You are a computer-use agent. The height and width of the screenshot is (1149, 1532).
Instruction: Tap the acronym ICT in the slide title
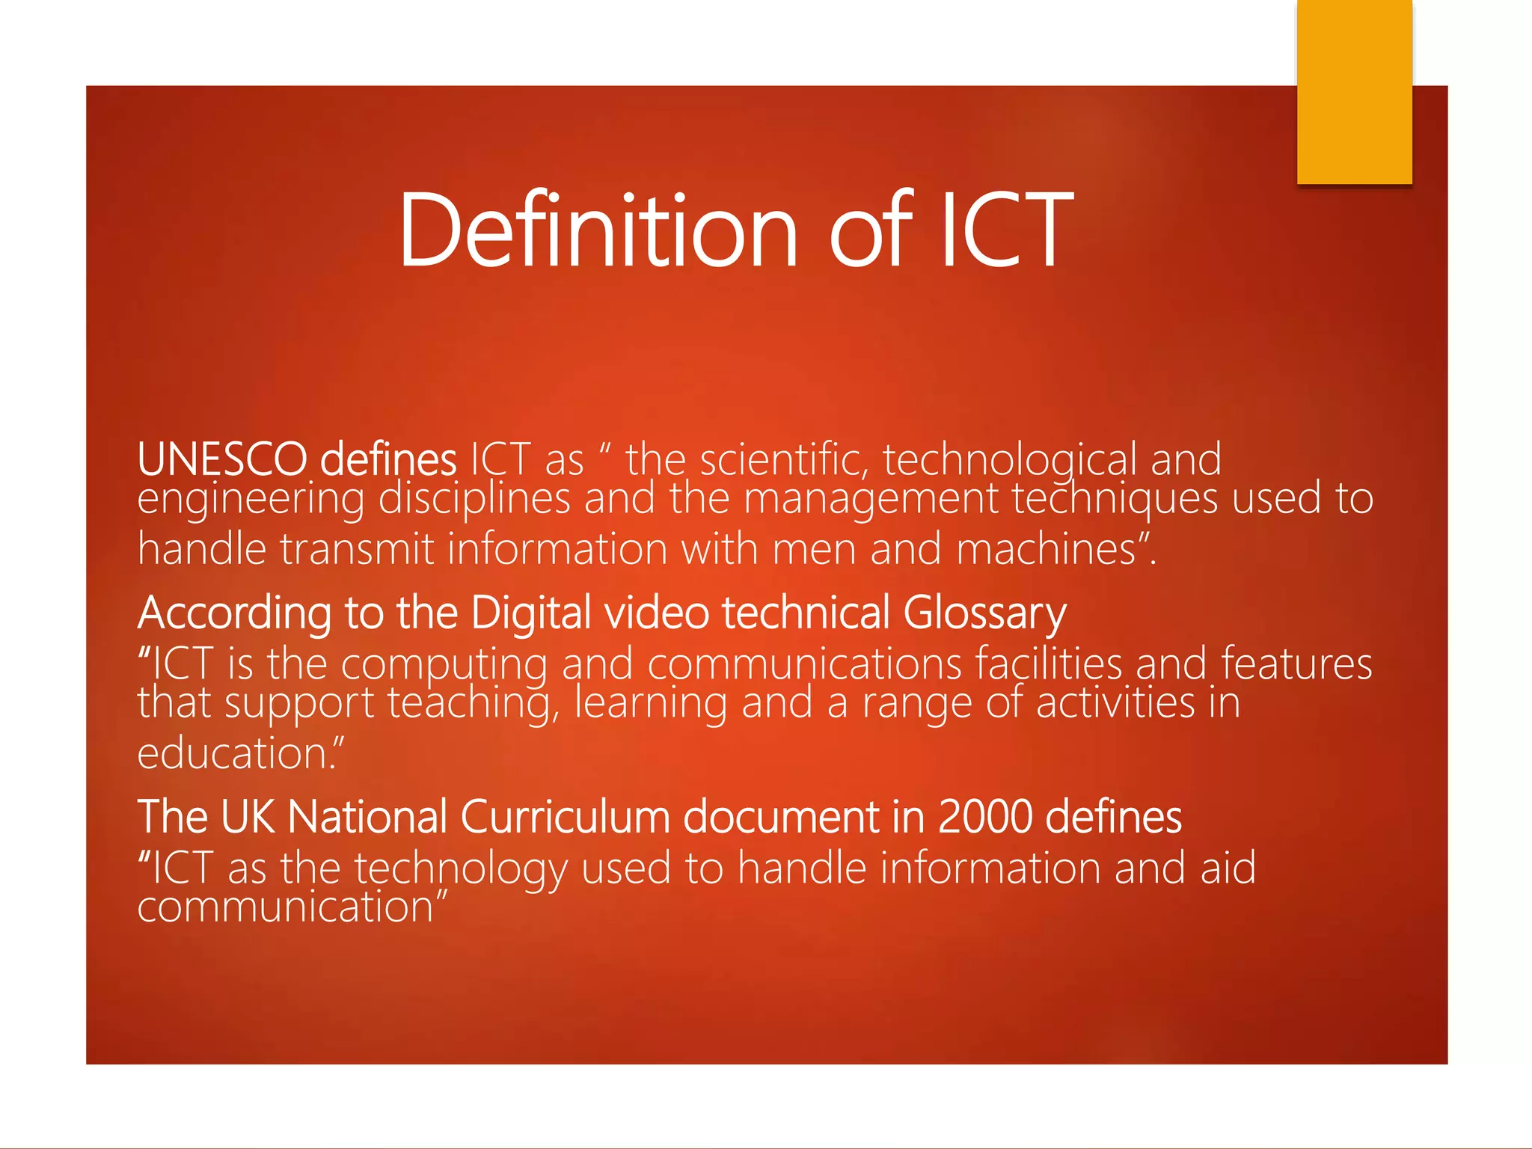click(1006, 230)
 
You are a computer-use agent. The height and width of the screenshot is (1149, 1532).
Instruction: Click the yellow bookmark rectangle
click(1354, 91)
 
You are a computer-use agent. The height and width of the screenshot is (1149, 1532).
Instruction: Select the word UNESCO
click(222, 459)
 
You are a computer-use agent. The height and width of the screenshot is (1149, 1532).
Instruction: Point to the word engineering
click(251, 500)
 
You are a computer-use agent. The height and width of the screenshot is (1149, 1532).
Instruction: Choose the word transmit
click(357, 550)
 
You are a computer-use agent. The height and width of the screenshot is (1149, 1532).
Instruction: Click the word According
click(234, 613)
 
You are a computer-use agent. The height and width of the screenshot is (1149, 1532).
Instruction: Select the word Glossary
click(984, 613)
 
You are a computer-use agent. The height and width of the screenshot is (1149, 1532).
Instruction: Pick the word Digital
click(531, 613)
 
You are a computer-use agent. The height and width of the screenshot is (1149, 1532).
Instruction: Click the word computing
click(444, 664)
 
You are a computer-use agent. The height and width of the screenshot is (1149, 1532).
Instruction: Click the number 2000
click(984, 817)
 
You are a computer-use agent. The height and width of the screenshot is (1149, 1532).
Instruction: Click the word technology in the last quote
click(461, 869)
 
